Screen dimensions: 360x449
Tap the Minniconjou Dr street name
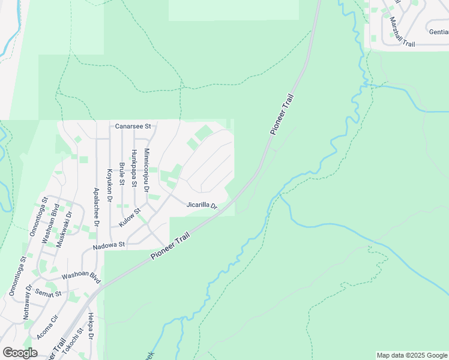click(x=147, y=170)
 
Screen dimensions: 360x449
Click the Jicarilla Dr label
click(x=201, y=205)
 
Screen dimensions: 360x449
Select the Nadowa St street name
click(x=108, y=245)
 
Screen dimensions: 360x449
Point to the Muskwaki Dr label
click(x=64, y=229)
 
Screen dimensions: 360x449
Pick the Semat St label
click(x=49, y=293)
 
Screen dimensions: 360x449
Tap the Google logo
click(x=20, y=353)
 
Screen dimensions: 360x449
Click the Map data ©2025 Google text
click(x=412, y=355)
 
